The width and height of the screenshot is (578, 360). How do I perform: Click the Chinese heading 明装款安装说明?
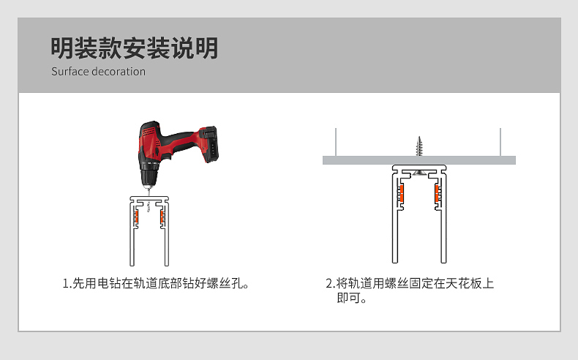click(134, 48)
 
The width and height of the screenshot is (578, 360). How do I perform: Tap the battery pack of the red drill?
click(209, 143)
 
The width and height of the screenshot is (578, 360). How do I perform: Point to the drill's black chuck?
click(149, 178)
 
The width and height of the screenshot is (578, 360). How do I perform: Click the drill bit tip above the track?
click(149, 192)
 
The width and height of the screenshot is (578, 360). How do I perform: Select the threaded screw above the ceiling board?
click(419, 146)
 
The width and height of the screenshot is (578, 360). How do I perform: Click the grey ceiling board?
click(419, 160)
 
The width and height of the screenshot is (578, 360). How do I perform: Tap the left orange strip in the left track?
click(136, 217)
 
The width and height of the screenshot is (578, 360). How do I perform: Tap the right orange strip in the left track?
click(162, 217)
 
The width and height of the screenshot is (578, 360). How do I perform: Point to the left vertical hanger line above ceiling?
click(336, 142)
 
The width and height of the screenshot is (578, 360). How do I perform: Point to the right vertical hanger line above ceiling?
click(500, 142)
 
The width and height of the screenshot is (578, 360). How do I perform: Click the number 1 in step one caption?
click(66, 283)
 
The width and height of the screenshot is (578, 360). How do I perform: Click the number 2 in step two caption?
click(329, 283)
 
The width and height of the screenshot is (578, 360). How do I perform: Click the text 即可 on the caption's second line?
click(348, 298)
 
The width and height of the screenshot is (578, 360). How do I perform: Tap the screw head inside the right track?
click(419, 172)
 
